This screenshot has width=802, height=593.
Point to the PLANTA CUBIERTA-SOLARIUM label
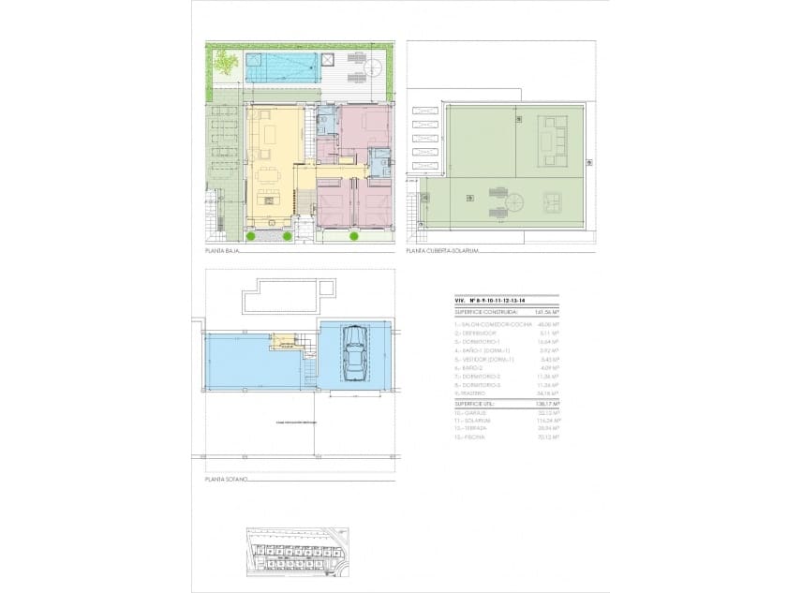(x=442, y=251)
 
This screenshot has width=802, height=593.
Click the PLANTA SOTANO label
(x=226, y=479)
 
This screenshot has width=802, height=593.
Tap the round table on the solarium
(x=514, y=200)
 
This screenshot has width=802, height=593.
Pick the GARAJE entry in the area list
(x=468, y=412)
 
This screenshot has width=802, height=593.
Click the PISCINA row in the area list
(x=468, y=437)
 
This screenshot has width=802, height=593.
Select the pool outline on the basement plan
(x=288, y=299)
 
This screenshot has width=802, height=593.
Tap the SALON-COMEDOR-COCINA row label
(x=487, y=323)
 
